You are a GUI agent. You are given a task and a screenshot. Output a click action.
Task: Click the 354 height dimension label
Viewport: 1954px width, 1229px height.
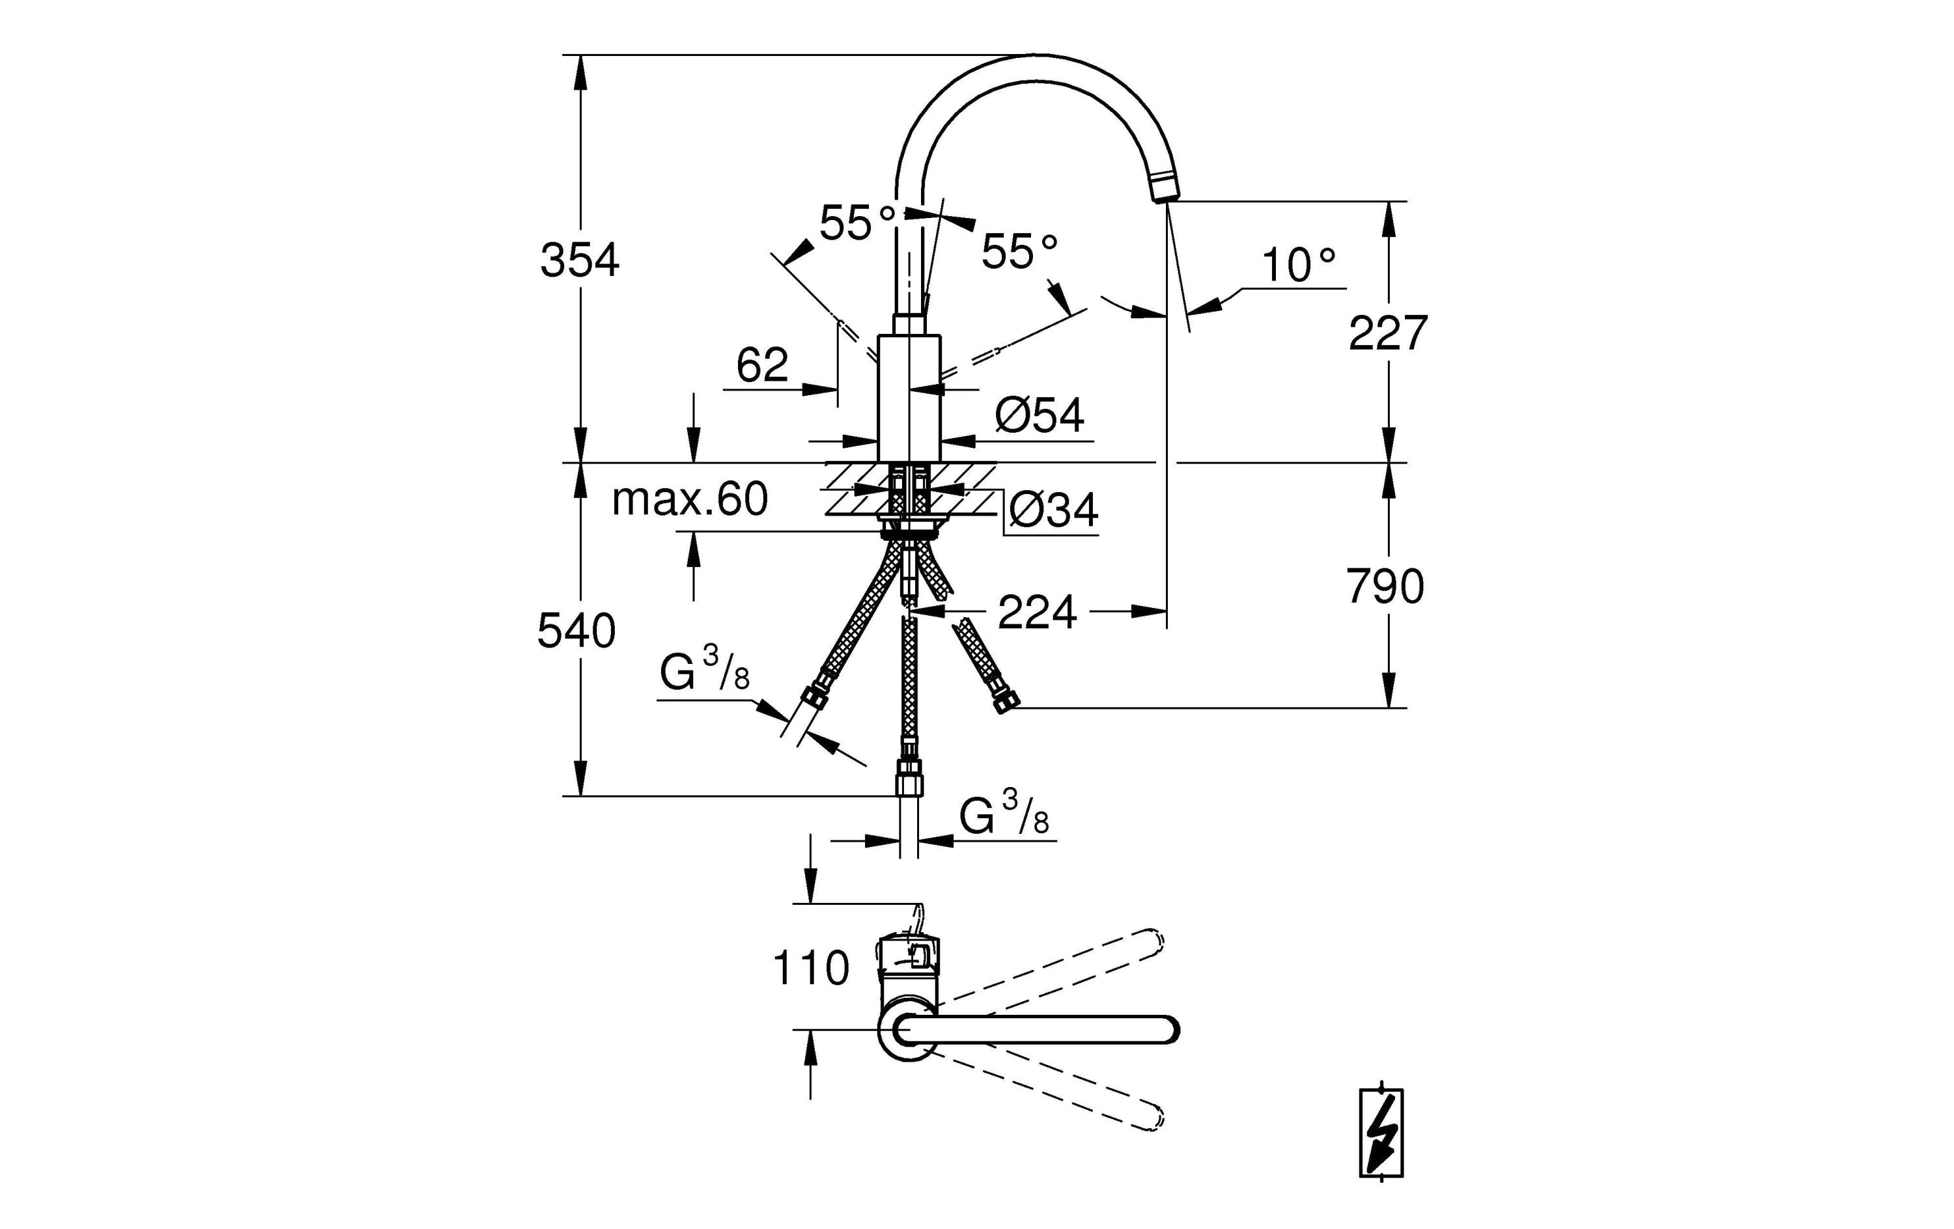pos(580,261)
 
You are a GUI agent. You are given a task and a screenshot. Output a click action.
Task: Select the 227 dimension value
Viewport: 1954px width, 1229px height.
pos(1387,333)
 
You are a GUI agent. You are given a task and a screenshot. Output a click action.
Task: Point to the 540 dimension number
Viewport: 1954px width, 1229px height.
pos(576,631)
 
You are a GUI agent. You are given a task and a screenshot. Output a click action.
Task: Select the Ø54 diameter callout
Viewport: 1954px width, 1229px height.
pos(1039,415)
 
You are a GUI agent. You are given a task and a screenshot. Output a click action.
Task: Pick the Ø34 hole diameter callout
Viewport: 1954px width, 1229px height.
pos(1053,510)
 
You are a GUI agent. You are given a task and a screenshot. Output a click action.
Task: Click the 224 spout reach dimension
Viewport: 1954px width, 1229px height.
pos(1036,613)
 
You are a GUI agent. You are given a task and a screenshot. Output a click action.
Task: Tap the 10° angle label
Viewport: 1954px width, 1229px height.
pos(1297,264)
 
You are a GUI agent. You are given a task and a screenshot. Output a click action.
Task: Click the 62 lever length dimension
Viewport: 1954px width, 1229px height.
pos(761,365)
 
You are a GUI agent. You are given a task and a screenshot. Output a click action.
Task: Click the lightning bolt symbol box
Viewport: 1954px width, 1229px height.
pos(1381,1133)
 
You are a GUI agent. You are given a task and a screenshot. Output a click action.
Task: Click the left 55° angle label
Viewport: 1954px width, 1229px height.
pos(857,221)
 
